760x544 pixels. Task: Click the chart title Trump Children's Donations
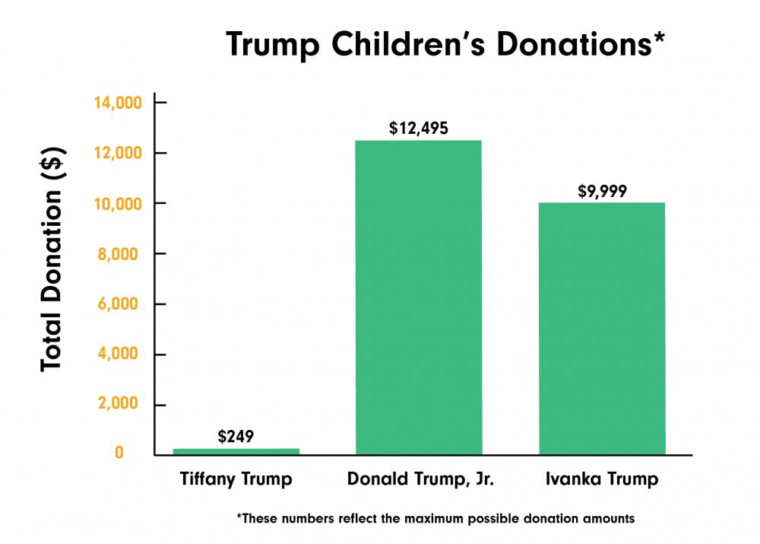point(446,45)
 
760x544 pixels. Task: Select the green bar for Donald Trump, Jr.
point(418,297)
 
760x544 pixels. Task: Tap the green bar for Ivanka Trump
point(602,328)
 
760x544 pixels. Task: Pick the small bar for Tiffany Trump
point(236,451)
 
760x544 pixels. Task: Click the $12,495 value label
point(418,128)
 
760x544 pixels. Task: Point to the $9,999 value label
point(602,190)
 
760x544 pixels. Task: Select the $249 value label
point(236,437)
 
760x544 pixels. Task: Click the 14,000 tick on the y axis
point(118,103)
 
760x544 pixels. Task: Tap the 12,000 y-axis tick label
point(118,154)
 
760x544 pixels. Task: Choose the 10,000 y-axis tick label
point(118,204)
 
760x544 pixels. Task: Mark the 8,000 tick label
point(122,254)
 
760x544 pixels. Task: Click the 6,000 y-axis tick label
point(122,304)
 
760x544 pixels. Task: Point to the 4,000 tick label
point(122,355)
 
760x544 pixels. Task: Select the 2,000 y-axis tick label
point(122,405)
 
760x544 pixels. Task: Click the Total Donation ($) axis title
point(52,258)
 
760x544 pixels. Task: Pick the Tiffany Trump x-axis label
point(236,480)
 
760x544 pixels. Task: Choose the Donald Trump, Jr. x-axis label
point(418,480)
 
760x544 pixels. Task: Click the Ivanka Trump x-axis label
point(602,480)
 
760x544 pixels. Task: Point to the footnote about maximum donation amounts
point(435,519)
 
